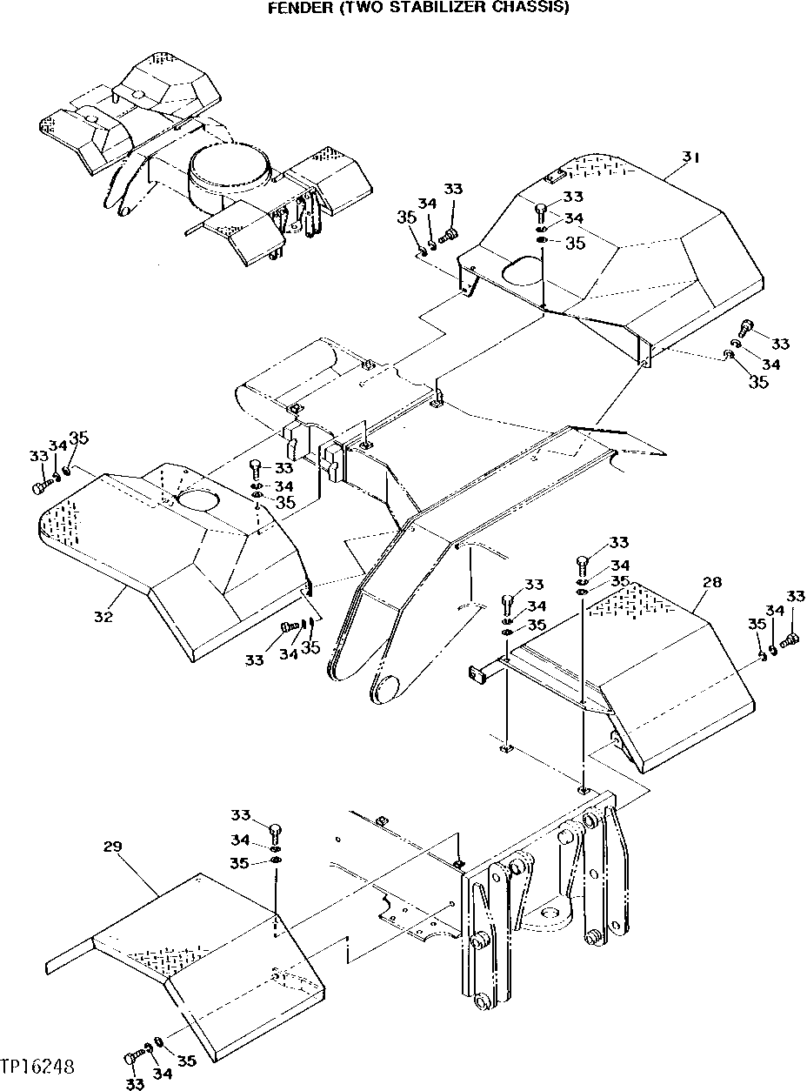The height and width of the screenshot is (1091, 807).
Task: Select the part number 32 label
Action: click(x=103, y=617)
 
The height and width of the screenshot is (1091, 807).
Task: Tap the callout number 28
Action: click(x=711, y=582)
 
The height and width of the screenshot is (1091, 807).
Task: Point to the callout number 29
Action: click(x=112, y=846)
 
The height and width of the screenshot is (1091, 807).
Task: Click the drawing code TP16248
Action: click(x=37, y=1066)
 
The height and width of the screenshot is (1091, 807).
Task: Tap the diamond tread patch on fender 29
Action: click(x=146, y=958)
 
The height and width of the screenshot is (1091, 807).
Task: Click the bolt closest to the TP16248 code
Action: click(x=131, y=1058)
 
